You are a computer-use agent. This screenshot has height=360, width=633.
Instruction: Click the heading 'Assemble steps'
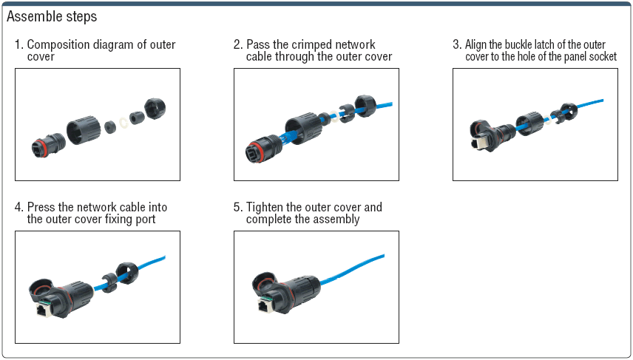[x=52, y=16]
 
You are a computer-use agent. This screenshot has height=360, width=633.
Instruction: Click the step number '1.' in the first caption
[x=19, y=45]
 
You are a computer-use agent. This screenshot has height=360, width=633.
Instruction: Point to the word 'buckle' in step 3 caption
[x=524, y=45]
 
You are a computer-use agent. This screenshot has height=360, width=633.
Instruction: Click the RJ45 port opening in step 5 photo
[x=263, y=306]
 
